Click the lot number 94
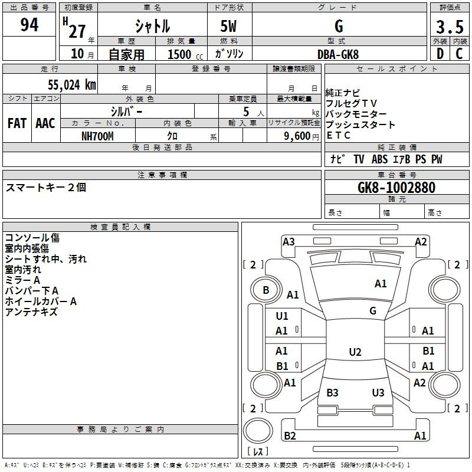[x=29, y=25]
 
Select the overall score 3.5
[x=449, y=28]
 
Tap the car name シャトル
[x=152, y=27]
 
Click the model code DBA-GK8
[x=338, y=54]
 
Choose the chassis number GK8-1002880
[x=396, y=188]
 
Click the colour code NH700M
[x=97, y=136]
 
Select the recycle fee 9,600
[x=297, y=136]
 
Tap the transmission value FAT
[x=17, y=123]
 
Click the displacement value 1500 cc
[x=183, y=54]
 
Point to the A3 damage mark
[x=289, y=241]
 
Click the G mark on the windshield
[x=372, y=311]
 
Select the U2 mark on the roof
[x=355, y=352]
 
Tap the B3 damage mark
[x=332, y=393]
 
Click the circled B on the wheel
[x=265, y=290]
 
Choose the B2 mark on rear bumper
[x=290, y=436]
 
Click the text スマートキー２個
[x=46, y=187]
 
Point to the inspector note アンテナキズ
[x=31, y=312]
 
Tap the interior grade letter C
[x=459, y=54]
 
